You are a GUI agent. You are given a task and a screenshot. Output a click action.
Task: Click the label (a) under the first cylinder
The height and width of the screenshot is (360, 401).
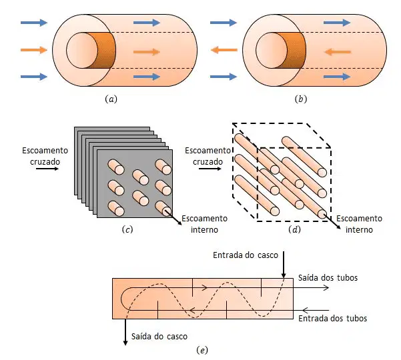click(111, 99)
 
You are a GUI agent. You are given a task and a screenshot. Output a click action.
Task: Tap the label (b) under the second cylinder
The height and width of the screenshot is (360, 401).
click(301, 99)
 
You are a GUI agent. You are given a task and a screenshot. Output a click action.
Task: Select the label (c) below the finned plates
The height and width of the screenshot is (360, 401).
click(127, 229)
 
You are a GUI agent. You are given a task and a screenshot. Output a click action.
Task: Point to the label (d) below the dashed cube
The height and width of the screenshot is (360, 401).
click(294, 229)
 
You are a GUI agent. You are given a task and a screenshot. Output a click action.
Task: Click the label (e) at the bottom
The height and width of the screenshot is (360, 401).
click(202, 350)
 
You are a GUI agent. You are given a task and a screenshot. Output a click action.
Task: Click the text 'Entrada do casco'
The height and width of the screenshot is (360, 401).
click(246, 255)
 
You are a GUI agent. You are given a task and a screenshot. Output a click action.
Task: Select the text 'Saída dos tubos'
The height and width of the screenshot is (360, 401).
click(328, 278)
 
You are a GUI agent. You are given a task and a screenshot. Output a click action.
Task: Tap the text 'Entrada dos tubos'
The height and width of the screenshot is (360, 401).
click(333, 319)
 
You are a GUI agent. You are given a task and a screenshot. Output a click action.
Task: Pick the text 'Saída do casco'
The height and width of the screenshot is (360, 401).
click(159, 336)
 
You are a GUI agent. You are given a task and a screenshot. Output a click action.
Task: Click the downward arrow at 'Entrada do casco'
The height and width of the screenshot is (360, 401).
click(284, 265)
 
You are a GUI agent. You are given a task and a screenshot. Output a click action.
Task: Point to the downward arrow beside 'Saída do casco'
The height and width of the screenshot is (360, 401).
click(125, 332)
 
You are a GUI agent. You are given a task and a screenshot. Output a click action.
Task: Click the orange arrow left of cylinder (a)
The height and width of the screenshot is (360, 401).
click(34, 50)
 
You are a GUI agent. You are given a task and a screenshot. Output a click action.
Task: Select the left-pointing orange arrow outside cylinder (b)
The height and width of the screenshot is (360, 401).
click(224, 50)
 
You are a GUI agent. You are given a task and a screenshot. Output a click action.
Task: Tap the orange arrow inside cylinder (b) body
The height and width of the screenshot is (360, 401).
click(338, 52)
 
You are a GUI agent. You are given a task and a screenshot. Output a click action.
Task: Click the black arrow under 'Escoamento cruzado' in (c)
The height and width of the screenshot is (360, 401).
click(47, 169)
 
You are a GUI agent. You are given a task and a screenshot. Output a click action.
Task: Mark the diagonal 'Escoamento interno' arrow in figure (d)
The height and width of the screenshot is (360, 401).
click(332, 221)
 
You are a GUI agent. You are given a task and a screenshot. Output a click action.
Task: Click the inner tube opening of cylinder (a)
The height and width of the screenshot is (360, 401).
click(82, 51)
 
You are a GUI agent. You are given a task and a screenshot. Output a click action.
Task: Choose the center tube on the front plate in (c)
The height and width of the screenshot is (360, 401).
click(140, 177)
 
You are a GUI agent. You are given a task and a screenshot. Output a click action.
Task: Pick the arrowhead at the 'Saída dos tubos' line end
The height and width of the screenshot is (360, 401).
click(326, 288)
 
